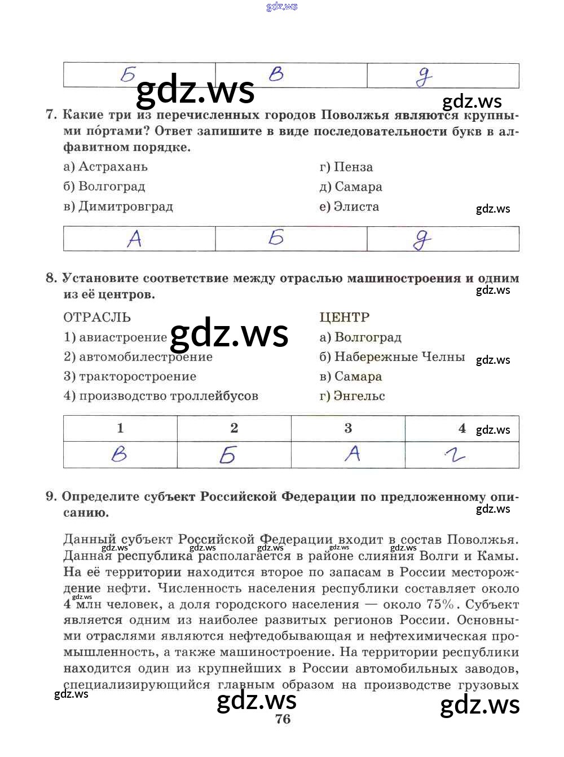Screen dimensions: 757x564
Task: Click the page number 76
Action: coord(283,719)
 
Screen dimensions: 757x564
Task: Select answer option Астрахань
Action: coord(106,167)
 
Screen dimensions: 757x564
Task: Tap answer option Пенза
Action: coord(346,167)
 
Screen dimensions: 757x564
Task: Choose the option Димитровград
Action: coord(118,206)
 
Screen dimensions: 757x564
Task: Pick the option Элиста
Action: coord(349,206)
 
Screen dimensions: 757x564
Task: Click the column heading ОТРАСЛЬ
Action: coord(97,317)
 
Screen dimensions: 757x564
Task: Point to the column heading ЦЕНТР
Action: coord(345,317)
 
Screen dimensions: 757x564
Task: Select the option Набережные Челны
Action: coord(393,357)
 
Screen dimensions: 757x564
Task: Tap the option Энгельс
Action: coord(352,396)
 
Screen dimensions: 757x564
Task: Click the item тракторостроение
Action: coord(130,376)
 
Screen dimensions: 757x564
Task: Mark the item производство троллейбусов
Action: coord(161,396)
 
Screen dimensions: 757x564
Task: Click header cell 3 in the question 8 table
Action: coord(348,428)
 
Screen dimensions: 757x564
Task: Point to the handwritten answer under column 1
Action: coord(120,454)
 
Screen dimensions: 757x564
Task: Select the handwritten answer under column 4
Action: coord(455,455)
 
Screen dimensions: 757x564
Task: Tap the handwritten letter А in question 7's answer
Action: coord(134,239)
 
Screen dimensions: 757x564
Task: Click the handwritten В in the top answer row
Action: coord(276,74)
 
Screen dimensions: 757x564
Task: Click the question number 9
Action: coord(51,496)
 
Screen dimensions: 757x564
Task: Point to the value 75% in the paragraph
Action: coord(440,604)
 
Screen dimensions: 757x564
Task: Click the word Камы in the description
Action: coord(497,556)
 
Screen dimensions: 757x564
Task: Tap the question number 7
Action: coord(51,115)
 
